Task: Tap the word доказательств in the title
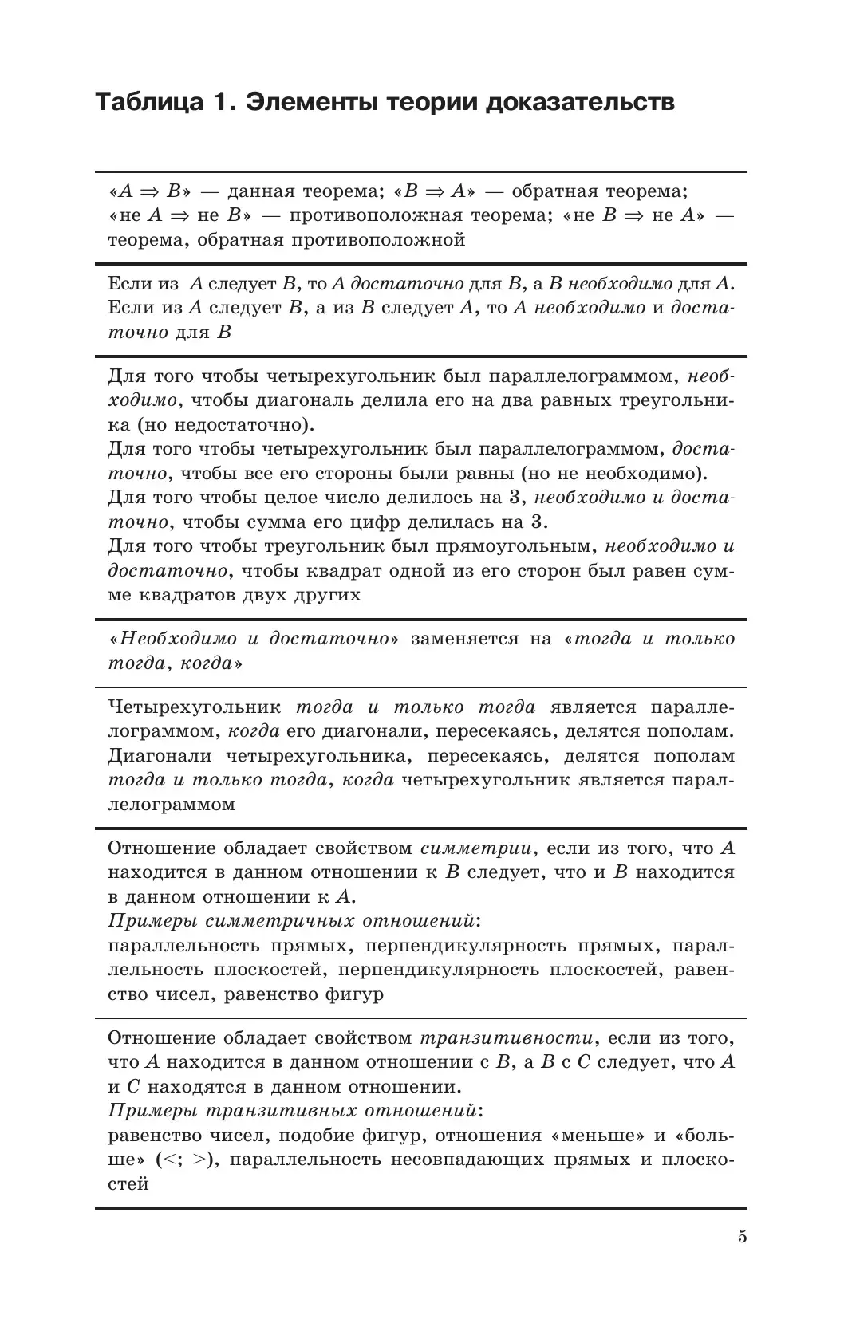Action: (574, 103)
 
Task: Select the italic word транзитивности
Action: (507, 1038)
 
